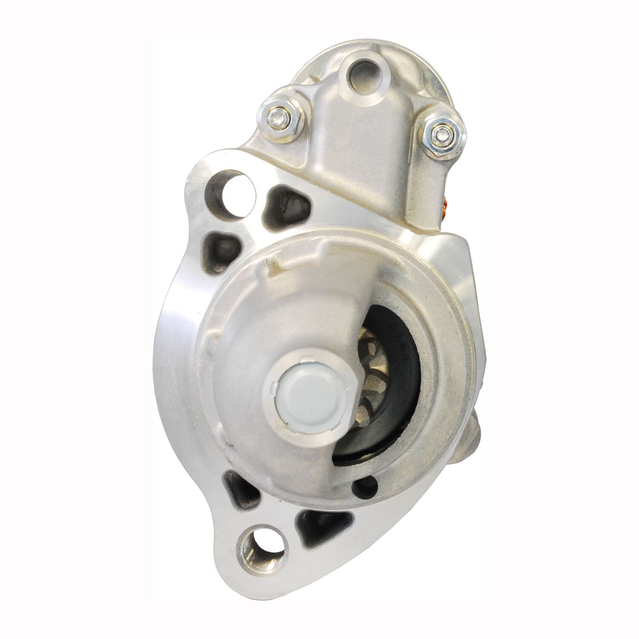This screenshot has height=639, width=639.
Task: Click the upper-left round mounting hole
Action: point(233,188)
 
